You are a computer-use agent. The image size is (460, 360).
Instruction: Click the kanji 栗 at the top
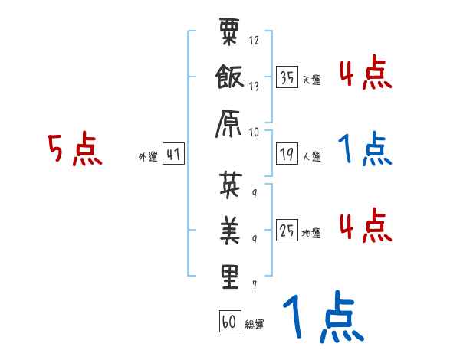229,35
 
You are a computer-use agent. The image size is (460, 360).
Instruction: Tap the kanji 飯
229,79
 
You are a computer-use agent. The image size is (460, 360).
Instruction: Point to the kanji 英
229,185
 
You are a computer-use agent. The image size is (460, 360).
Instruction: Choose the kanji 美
229,229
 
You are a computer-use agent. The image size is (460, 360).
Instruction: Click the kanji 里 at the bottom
229,276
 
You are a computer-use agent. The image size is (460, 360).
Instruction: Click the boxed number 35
287,78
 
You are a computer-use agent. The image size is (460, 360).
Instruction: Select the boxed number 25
287,231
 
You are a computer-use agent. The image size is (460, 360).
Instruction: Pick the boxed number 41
173,155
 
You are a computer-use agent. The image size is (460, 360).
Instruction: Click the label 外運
148,157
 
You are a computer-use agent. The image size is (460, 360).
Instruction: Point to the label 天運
311,80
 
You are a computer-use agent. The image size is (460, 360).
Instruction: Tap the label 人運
311,157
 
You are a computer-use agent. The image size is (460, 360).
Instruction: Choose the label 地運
311,233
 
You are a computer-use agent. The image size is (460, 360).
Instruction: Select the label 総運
255,324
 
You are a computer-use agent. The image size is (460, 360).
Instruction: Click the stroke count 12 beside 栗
254,40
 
